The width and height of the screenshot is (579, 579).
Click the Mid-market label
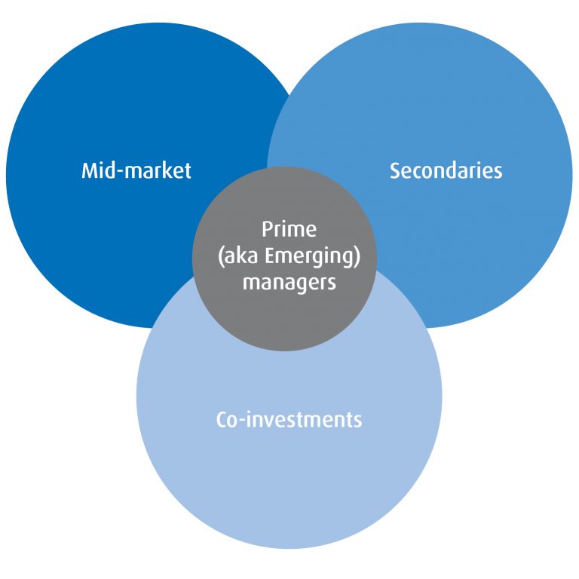[x=136, y=170]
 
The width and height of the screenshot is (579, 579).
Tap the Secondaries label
[x=446, y=170]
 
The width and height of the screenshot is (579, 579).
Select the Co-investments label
[x=289, y=419]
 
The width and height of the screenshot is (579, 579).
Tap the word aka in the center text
[x=240, y=256]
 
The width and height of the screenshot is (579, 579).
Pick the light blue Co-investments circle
[x=289, y=482]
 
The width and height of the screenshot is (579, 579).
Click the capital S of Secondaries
[x=394, y=170]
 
